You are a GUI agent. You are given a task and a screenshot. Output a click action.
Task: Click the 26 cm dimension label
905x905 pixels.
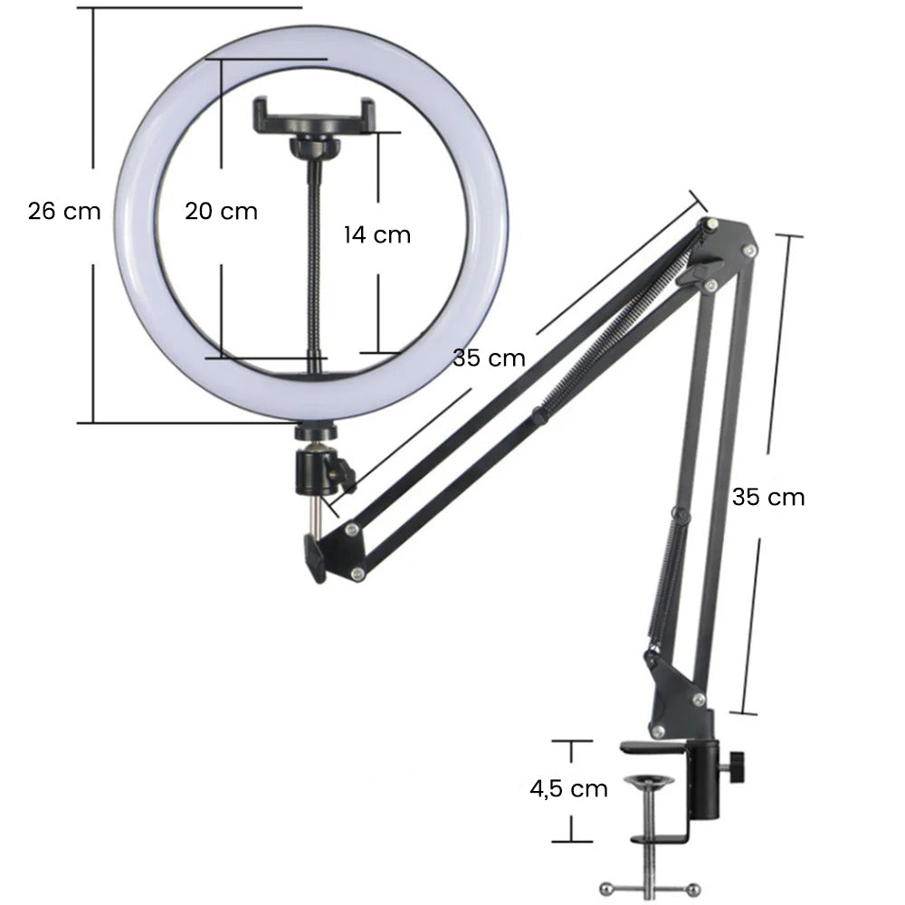click(x=63, y=211)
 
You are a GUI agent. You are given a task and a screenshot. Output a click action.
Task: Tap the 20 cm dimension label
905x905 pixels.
click(x=221, y=211)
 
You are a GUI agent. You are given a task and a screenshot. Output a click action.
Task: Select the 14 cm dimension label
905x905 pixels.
click(x=376, y=234)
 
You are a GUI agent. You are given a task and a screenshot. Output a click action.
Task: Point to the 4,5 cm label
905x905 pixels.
click(x=568, y=787)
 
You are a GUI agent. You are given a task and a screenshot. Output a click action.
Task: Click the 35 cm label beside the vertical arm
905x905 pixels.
click(x=767, y=496)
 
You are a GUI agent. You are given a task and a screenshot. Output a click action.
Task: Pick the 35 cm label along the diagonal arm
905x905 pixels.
click(x=489, y=357)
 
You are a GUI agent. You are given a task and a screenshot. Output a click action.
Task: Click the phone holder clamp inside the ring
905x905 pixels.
click(x=313, y=116)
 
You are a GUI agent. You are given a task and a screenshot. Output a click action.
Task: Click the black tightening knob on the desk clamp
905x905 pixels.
click(x=737, y=767)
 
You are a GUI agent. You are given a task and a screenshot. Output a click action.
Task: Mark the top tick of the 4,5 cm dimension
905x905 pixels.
click(x=572, y=741)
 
